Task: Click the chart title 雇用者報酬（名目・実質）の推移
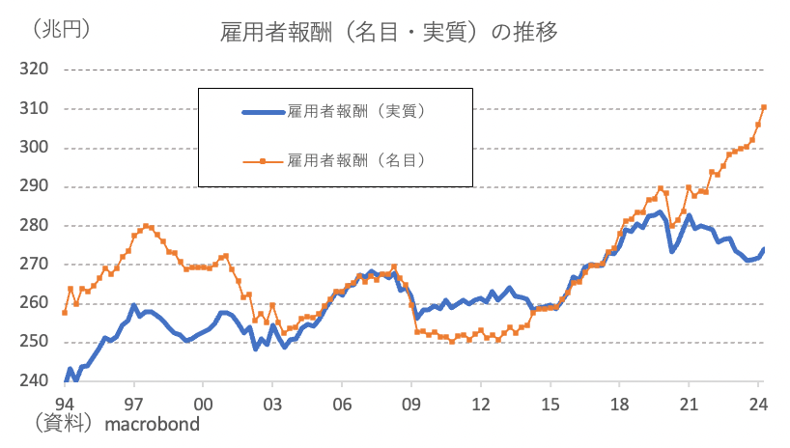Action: pyautogui.click(x=389, y=31)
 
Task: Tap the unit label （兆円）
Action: pyautogui.click(x=62, y=30)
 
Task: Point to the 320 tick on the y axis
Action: pyautogui.click(x=34, y=70)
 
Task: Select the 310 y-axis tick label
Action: pyautogui.click(x=34, y=109)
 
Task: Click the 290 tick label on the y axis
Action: pyautogui.click(x=34, y=186)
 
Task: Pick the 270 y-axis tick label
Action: pyautogui.click(x=34, y=265)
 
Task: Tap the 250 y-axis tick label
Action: pyautogui.click(x=34, y=343)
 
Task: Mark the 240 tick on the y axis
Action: pyautogui.click(x=34, y=381)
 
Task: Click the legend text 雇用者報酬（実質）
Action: pyautogui.click(x=357, y=112)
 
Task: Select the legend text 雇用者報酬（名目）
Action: pyautogui.click(x=357, y=160)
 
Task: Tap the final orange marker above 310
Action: pyautogui.click(x=764, y=107)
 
